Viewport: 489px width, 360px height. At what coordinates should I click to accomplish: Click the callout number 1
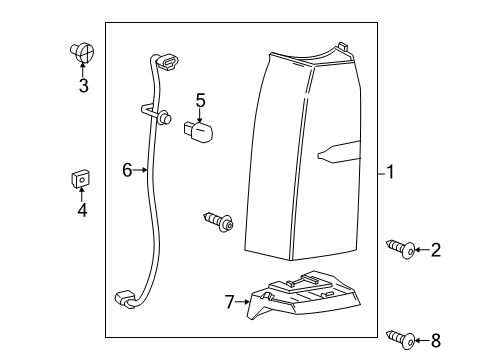pyautogui.click(x=390, y=172)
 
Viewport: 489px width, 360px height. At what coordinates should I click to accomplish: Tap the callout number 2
pyautogui.click(x=436, y=250)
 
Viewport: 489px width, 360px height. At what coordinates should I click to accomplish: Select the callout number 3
pyautogui.click(x=84, y=86)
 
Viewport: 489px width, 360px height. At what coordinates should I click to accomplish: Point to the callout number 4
pyautogui.click(x=82, y=210)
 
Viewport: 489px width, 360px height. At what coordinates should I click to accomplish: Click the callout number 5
pyautogui.click(x=201, y=100)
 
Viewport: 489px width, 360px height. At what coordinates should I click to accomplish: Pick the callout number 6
pyautogui.click(x=127, y=170)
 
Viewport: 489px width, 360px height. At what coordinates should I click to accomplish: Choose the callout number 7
pyautogui.click(x=230, y=302)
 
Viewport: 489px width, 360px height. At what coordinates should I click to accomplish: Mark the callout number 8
pyautogui.click(x=436, y=341)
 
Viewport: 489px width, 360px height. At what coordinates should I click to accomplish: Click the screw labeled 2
pyautogui.click(x=401, y=249)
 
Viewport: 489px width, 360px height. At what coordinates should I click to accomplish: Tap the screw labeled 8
pyautogui.click(x=401, y=340)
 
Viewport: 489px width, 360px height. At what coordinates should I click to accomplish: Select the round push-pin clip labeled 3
pyautogui.click(x=82, y=53)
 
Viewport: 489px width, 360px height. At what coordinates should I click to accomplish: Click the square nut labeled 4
pyautogui.click(x=81, y=179)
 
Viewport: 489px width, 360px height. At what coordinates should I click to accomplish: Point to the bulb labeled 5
pyautogui.click(x=198, y=131)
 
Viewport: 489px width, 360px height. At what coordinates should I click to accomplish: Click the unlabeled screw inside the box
pyautogui.click(x=219, y=221)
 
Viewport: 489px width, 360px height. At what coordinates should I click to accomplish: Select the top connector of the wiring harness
pyautogui.click(x=168, y=62)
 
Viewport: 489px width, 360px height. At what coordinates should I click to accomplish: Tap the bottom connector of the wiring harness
pyautogui.click(x=124, y=298)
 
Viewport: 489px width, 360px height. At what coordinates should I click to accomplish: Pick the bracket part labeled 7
pyautogui.click(x=303, y=294)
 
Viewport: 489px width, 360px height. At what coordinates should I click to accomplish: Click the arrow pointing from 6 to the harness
pyautogui.click(x=140, y=170)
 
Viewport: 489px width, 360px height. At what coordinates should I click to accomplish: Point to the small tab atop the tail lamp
pyautogui.click(x=342, y=46)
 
